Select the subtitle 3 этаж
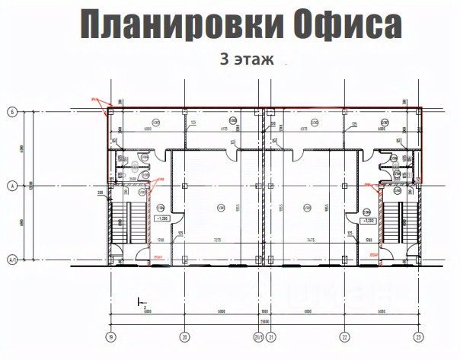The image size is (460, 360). pos(245,58)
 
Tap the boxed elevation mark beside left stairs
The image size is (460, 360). pos(161,218)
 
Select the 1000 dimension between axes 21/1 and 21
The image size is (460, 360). pos(263,311)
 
